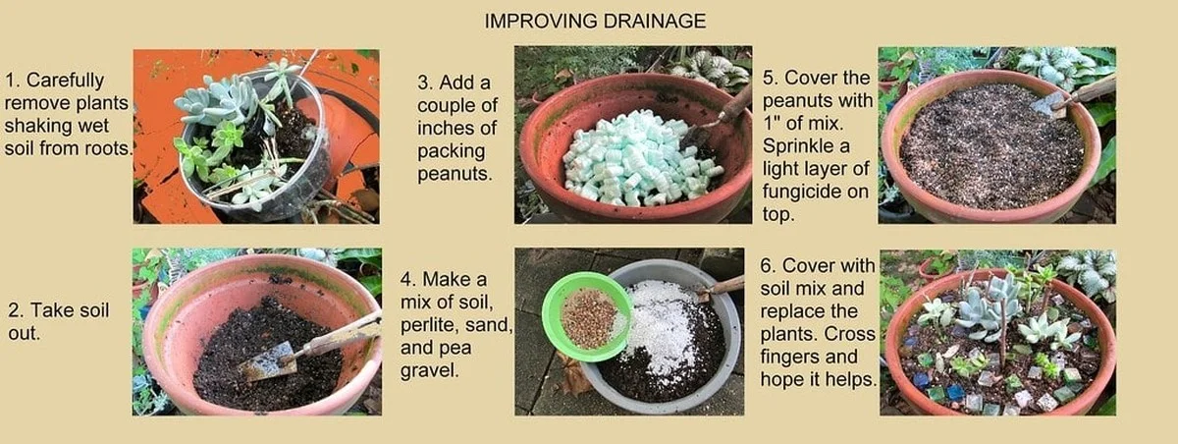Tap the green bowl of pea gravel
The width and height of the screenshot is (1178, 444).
(587, 316)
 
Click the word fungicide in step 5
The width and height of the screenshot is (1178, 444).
(815, 192)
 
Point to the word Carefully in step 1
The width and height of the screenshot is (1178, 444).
(65, 81)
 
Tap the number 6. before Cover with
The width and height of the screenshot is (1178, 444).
(769, 265)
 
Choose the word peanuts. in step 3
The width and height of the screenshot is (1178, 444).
(455, 174)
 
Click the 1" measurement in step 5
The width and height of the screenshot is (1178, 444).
(772, 123)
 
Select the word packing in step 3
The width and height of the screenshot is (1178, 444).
(452, 151)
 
